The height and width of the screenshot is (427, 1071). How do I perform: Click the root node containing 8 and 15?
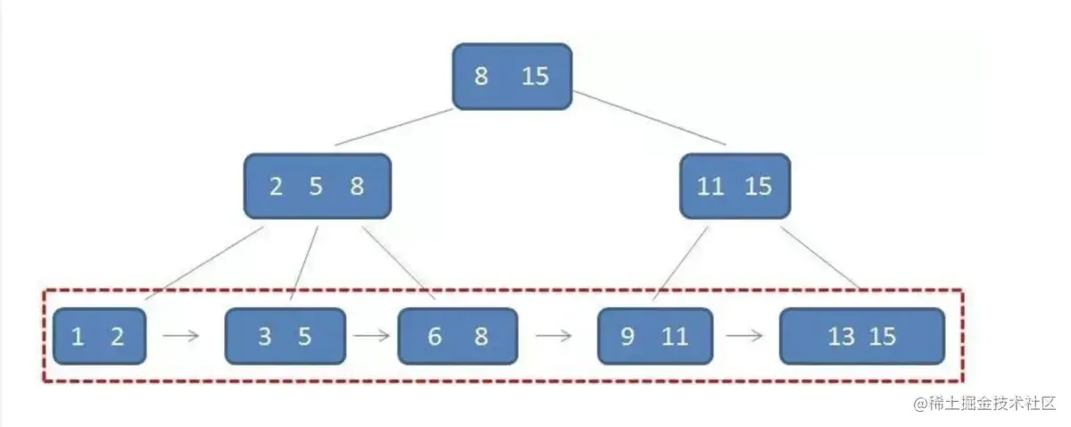pos(511,77)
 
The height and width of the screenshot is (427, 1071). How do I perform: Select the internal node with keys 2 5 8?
pos(317,186)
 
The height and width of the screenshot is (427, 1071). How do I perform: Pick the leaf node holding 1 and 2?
pos(99,336)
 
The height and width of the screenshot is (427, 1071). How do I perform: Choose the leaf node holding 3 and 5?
pos(285,336)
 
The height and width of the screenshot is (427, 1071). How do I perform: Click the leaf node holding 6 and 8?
pos(457,336)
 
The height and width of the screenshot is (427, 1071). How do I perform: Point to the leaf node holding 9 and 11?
pos(655,336)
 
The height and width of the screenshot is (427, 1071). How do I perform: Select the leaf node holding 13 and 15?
pos(861,336)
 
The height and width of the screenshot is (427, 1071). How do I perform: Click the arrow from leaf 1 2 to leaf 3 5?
pos(182,337)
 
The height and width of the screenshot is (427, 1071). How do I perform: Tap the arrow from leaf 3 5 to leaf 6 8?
pos(371,337)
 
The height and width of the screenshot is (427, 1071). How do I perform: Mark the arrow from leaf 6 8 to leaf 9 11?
pos(553,337)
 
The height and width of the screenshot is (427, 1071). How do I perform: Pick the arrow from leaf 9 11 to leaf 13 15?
pos(744,337)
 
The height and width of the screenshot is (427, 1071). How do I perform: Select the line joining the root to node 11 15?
pos(649,117)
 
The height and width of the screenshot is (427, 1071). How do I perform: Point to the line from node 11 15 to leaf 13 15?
pos(819,256)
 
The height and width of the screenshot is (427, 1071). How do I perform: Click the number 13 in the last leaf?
pos(841,337)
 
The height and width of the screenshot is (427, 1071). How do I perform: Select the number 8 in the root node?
pos(481,77)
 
